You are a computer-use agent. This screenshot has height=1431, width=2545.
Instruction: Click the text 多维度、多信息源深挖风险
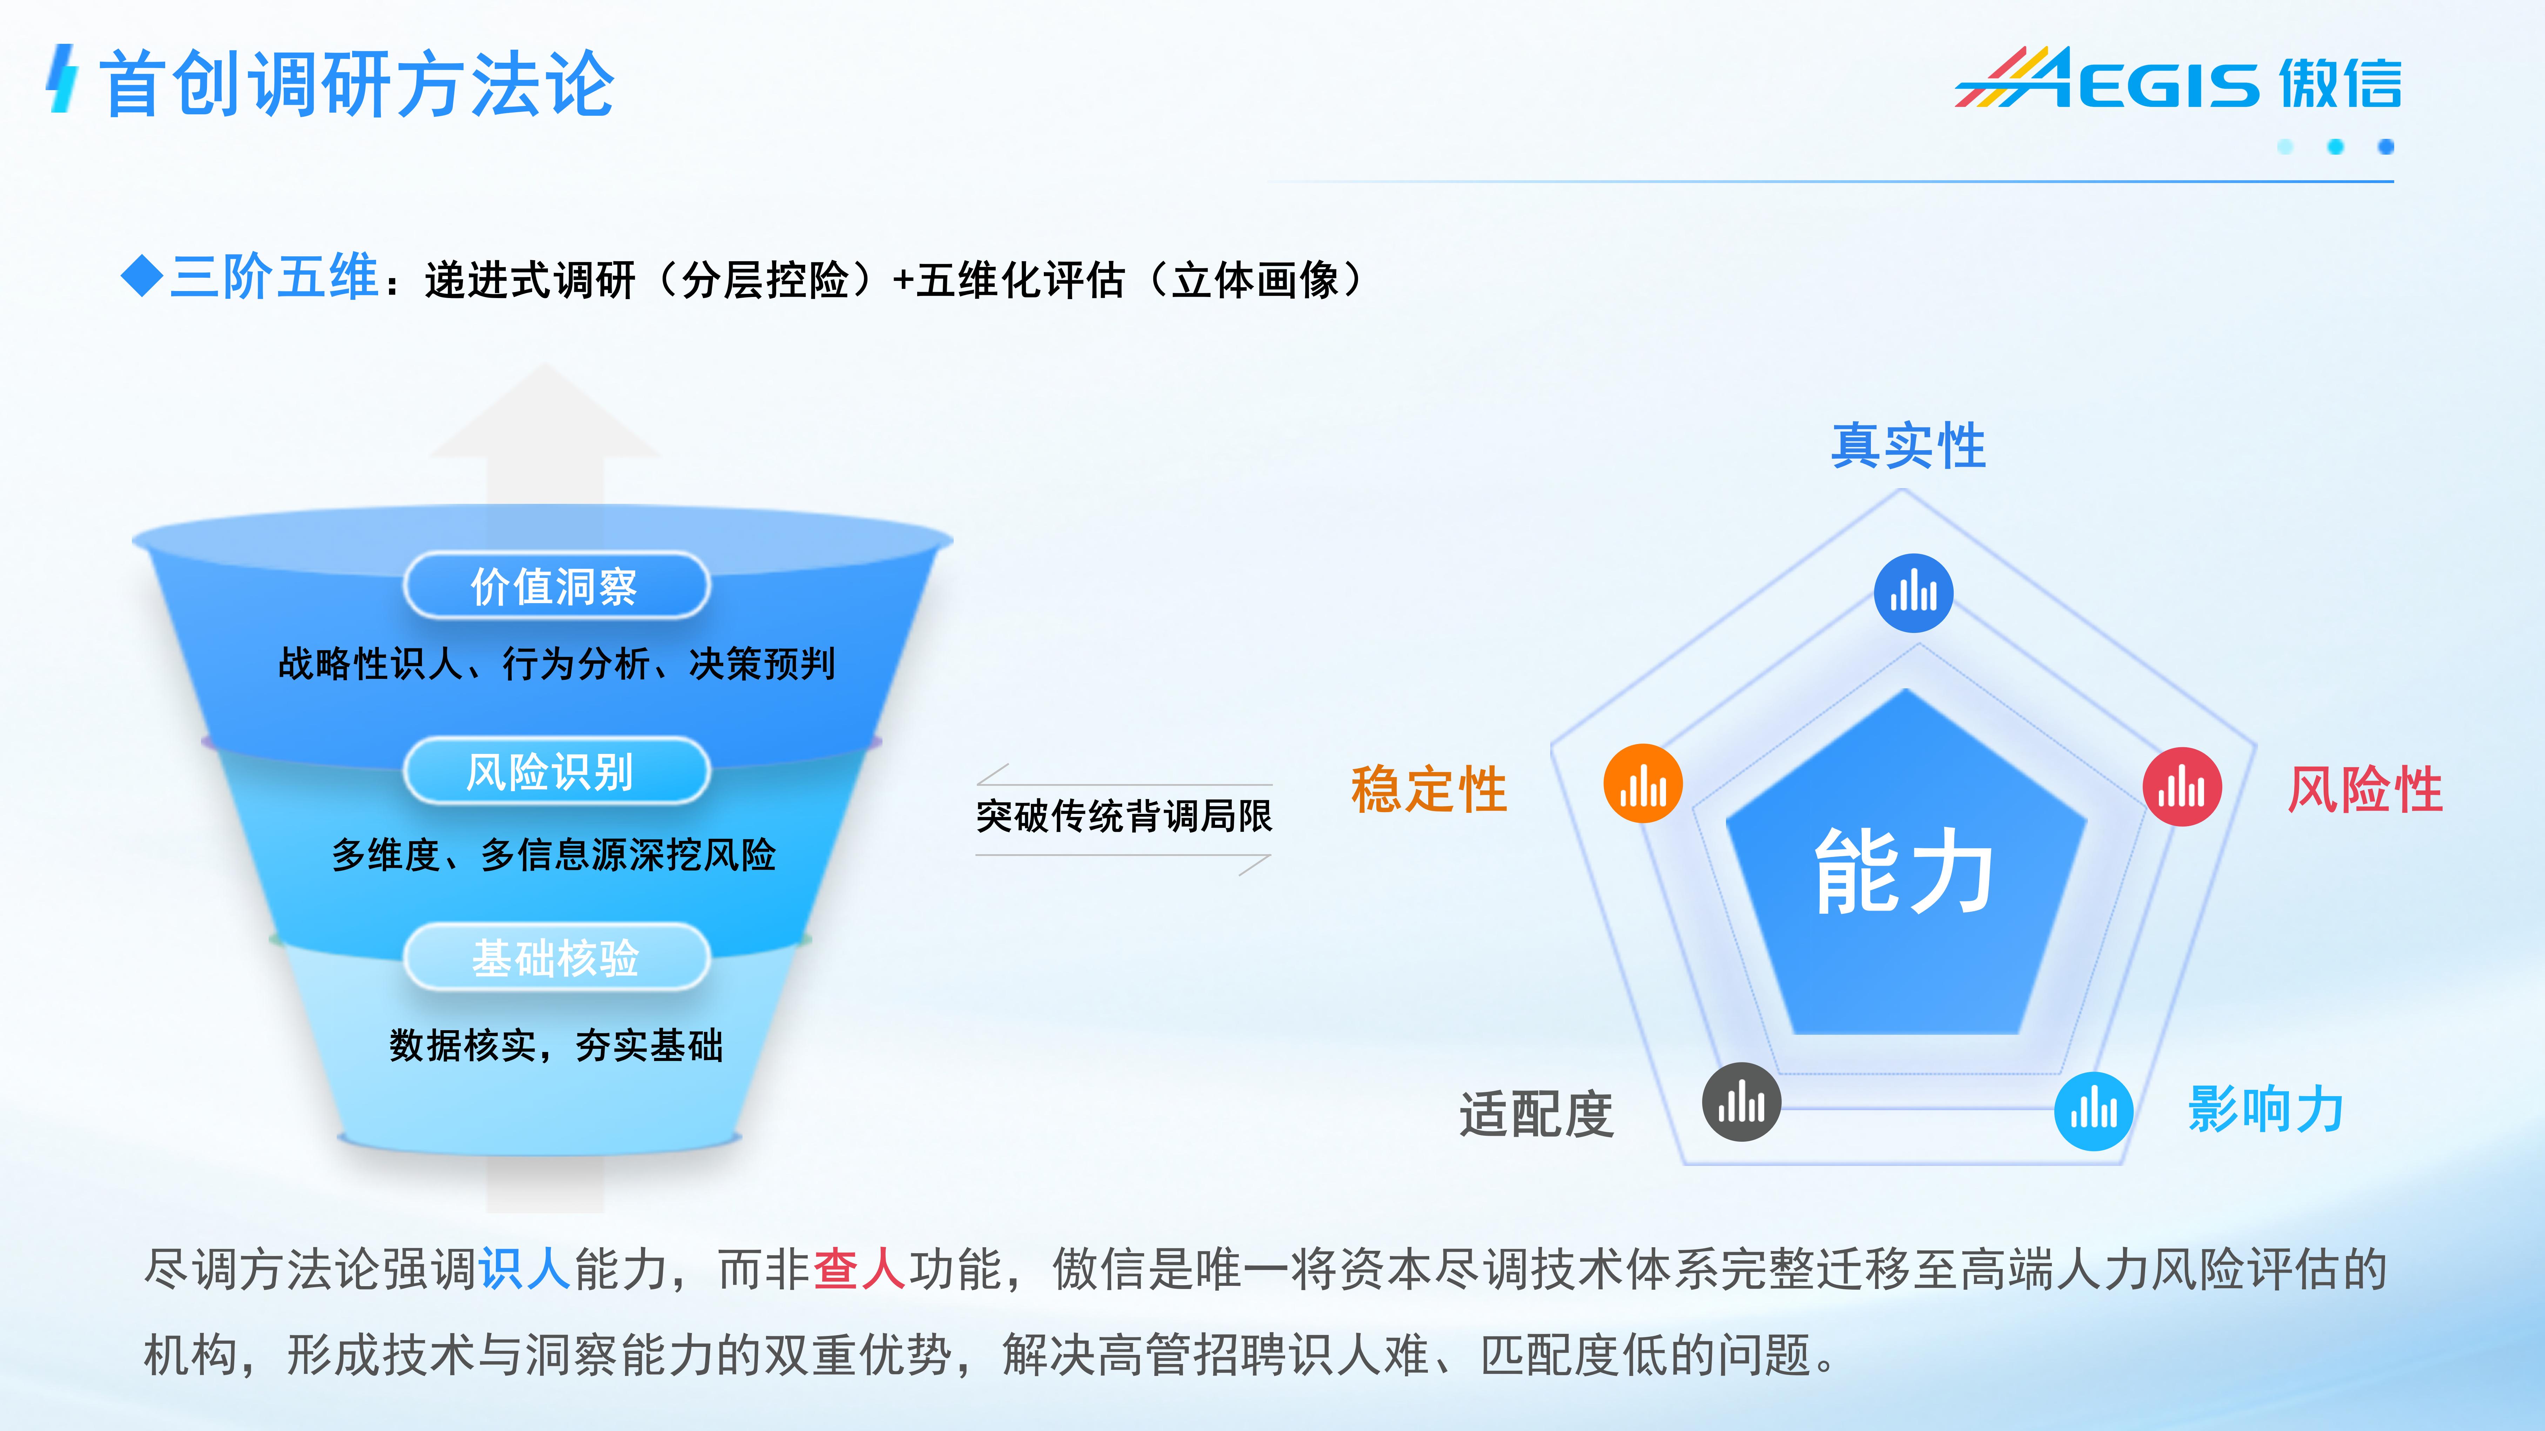point(553,854)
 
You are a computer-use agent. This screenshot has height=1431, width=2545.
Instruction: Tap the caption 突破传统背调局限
point(1123,816)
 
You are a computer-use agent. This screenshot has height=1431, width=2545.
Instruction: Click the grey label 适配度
point(1536,1114)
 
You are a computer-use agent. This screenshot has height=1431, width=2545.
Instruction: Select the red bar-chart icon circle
point(2181,787)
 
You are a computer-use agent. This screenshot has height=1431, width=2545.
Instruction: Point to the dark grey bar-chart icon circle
point(1741,1102)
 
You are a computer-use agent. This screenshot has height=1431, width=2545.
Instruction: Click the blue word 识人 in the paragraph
point(525,1269)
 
